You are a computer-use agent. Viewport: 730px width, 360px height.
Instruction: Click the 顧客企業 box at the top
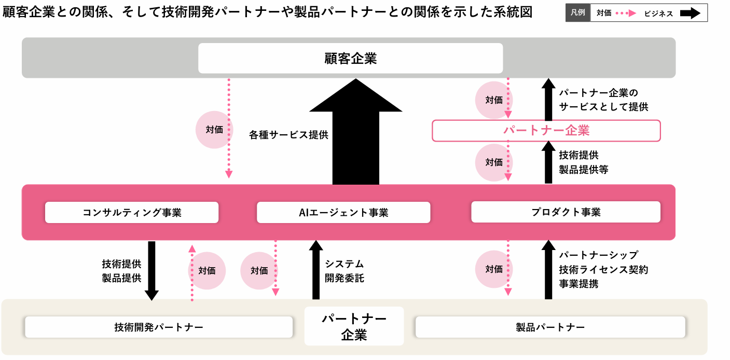click(350, 58)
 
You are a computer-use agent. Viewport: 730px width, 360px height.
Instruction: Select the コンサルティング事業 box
click(132, 212)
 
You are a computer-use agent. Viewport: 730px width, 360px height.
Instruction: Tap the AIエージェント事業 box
click(343, 212)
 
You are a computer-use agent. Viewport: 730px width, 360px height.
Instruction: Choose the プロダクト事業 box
click(566, 212)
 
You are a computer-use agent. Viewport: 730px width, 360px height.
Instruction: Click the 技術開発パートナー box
click(159, 327)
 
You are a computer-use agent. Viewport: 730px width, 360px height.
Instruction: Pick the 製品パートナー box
click(550, 327)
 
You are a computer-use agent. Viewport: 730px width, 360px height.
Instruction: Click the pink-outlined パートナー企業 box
click(546, 131)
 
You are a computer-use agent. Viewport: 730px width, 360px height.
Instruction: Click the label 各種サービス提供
click(288, 135)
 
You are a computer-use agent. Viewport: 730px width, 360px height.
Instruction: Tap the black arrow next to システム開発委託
click(315, 270)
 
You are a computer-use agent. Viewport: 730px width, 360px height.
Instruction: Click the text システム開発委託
click(345, 271)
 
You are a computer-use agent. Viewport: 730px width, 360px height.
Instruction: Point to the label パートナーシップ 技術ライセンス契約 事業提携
click(603, 269)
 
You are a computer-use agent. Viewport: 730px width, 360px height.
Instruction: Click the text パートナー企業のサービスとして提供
click(603, 100)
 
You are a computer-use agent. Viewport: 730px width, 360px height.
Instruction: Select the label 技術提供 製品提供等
click(584, 162)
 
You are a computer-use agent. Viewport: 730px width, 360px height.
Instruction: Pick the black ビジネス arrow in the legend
click(690, 13)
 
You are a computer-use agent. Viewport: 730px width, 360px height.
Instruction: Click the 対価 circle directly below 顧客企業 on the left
click(214, 130)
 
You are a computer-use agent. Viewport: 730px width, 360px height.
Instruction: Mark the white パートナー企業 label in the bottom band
click(354, 326)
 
